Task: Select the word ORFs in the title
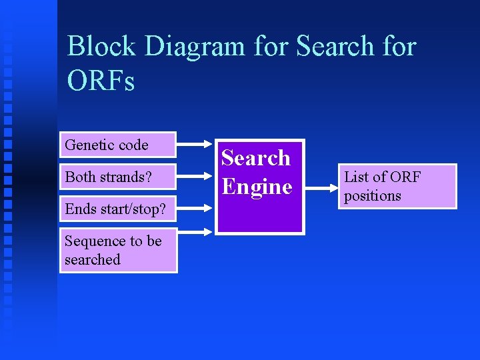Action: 101,81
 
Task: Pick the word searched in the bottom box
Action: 93,259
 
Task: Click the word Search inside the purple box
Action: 256,158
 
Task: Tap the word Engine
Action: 257,186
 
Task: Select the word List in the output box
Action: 356,177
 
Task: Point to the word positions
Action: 373,195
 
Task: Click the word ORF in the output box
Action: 405,177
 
